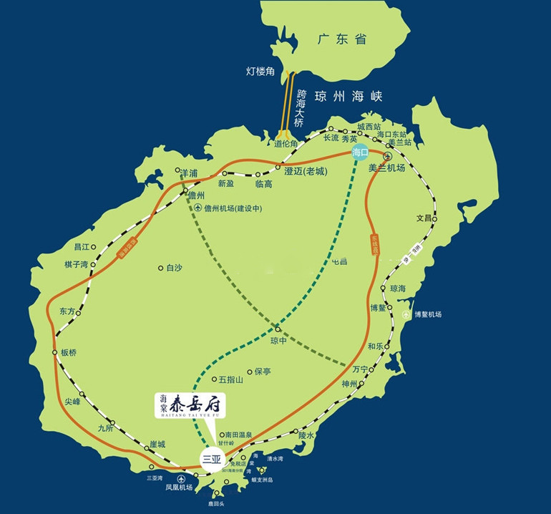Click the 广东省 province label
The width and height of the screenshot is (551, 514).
pyautogui.click(x=342, y=39)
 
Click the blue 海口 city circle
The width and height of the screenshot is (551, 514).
pyautogui.click(x=360, y=152)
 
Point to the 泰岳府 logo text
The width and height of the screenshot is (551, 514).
pyautogui.click(x=197, y=406)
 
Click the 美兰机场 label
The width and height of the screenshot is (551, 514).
pyautogui.click(x=386, y=168)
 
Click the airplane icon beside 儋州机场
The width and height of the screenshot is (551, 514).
pyautogui.click(x=196, y=208)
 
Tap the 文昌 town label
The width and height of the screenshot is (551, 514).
pyautogui.click(x=425, y=218)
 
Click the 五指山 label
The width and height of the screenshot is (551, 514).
pyautogui.click(x=231, y=379)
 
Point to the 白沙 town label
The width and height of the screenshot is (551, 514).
pyautogui.click(x=174, y=268)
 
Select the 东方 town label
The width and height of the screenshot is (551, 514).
pyautogui.click(x=67, y=311)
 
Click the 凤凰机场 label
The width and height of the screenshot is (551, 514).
pyautogui.click(x=179, y=488)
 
